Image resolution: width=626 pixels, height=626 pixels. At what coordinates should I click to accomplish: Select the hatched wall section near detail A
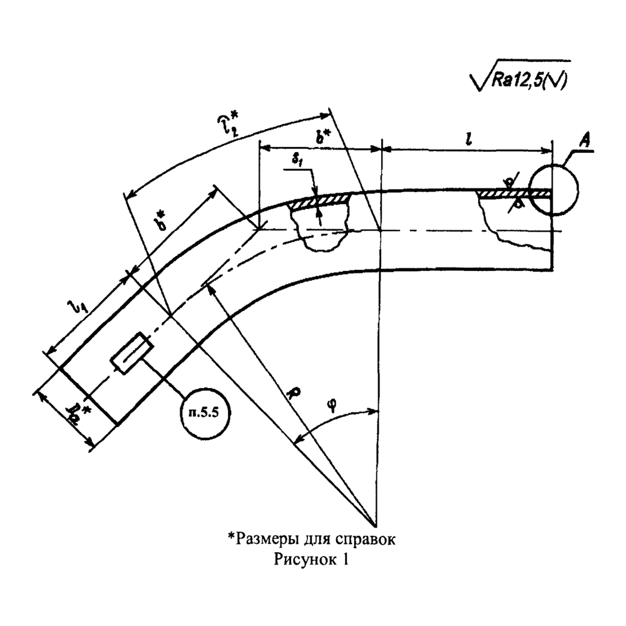click(504, 195)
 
